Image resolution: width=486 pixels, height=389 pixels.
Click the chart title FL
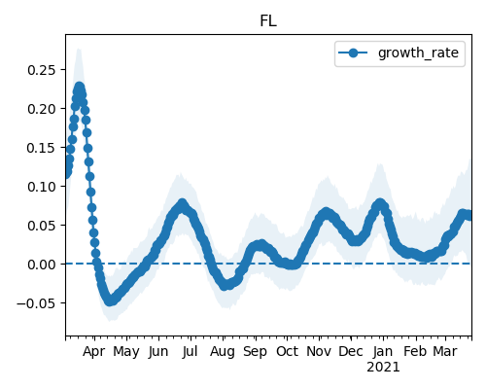268,21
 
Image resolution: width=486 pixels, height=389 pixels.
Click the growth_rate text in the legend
418,53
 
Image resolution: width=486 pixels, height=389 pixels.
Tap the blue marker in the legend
353,53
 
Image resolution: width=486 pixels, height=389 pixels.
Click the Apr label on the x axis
94,351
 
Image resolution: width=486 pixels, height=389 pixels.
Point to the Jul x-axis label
190,351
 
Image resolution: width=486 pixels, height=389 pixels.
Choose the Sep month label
256,351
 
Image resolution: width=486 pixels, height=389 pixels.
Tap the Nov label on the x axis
319,351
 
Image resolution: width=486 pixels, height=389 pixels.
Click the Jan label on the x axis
383,351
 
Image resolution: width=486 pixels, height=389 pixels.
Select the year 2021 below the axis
383,368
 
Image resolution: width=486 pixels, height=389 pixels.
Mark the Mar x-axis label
445,351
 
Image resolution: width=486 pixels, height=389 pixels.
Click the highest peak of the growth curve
80,88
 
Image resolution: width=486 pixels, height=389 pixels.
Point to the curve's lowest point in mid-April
110,301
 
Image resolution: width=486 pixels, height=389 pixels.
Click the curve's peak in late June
183,204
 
